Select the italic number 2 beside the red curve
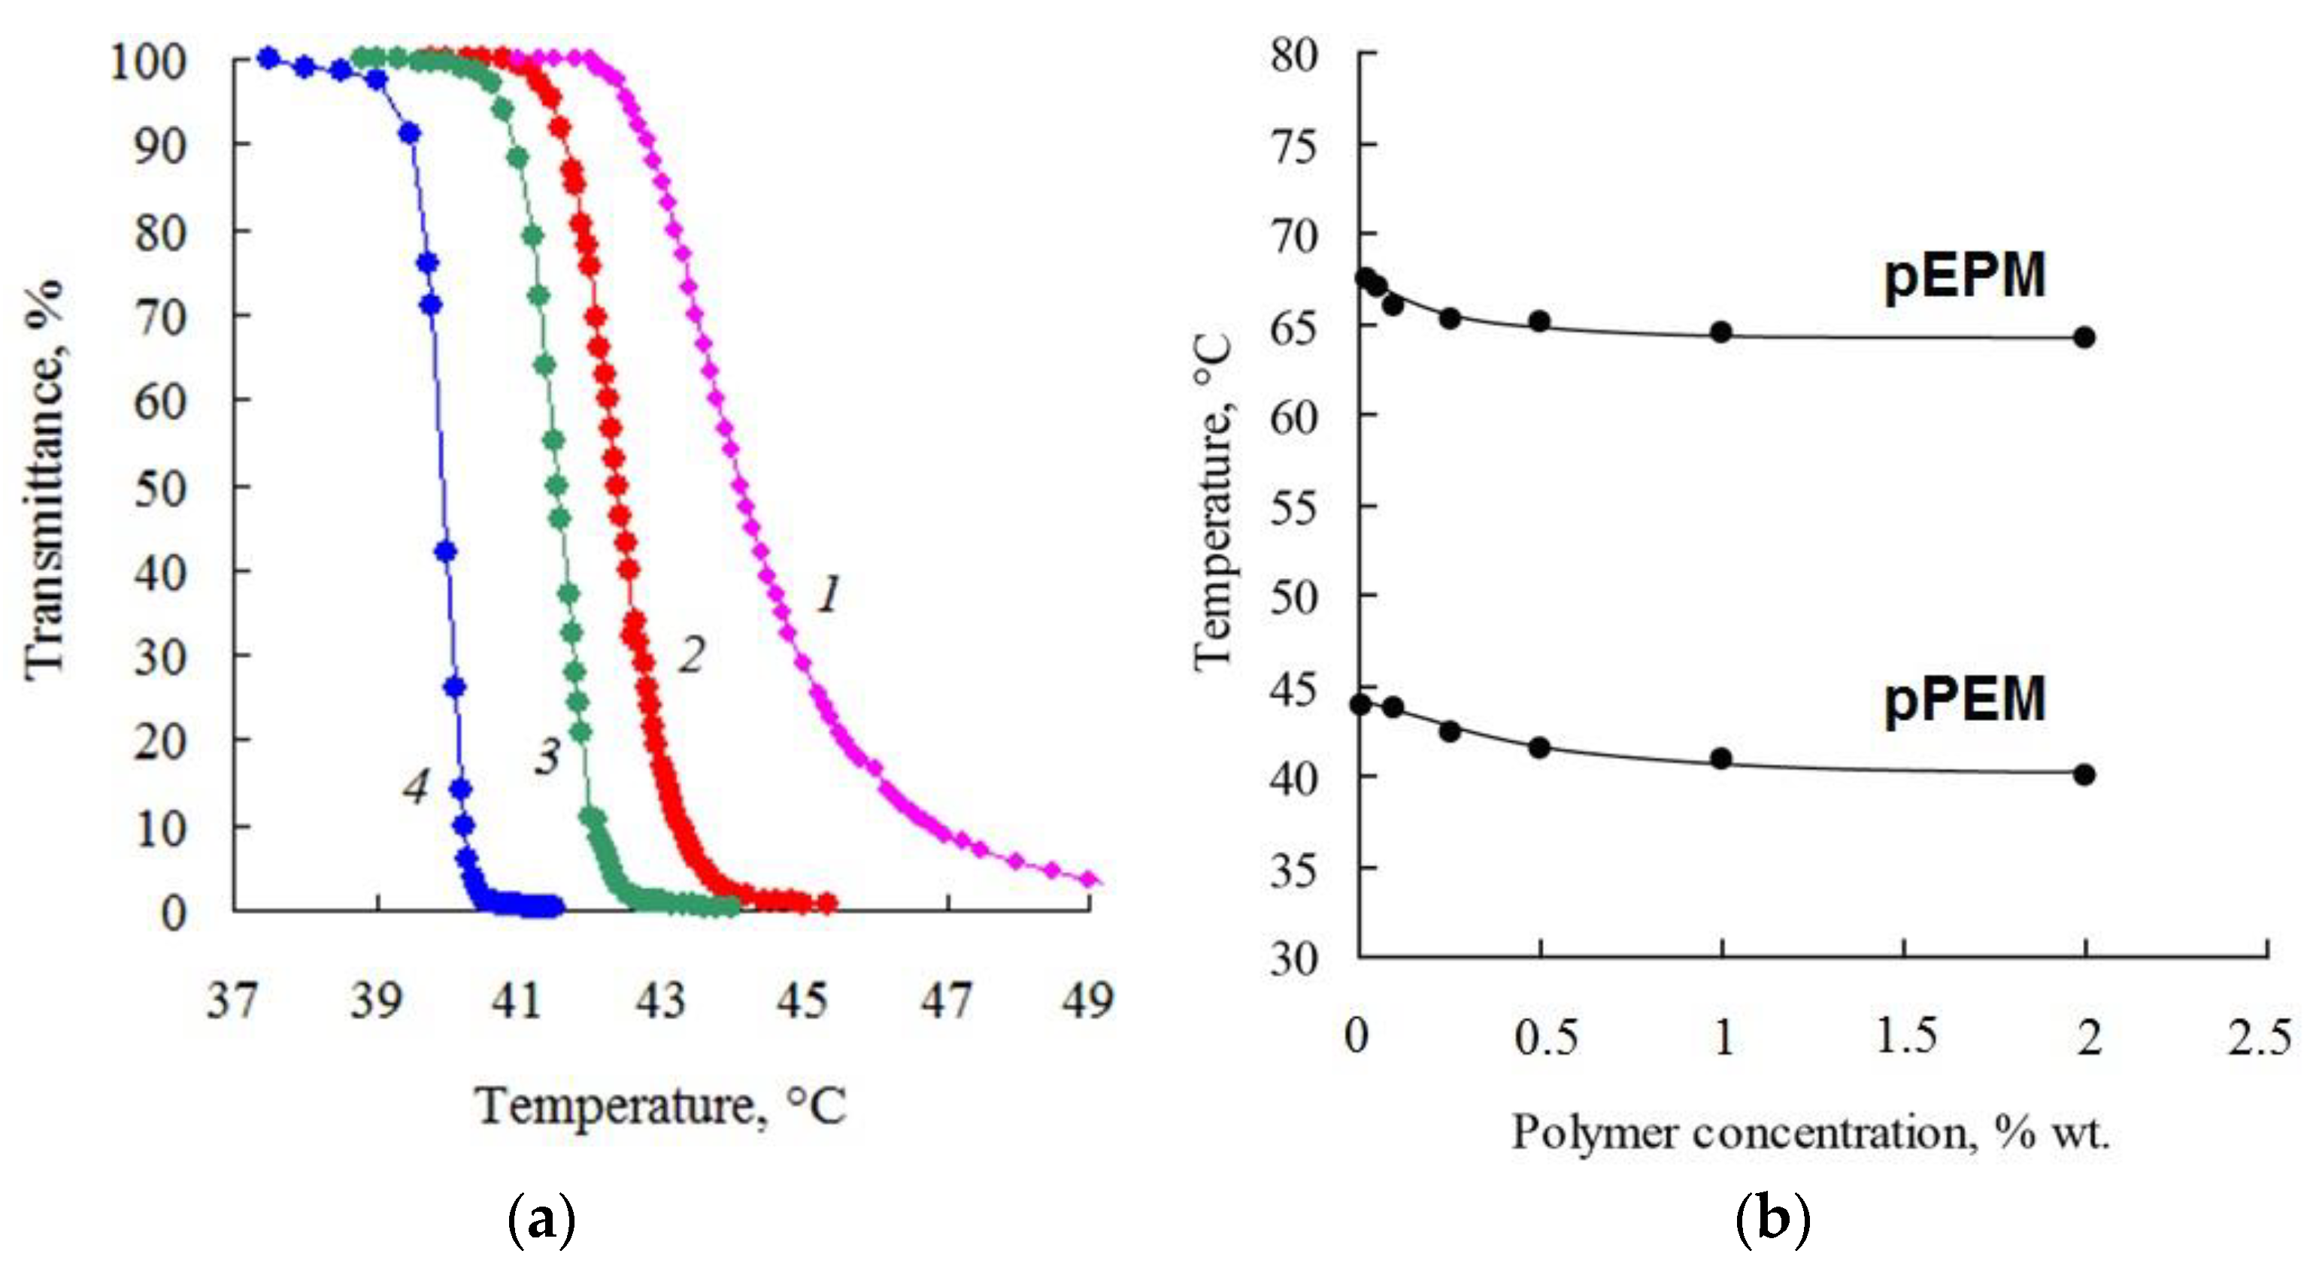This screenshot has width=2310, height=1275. pyautogui.click(x=691, y=656)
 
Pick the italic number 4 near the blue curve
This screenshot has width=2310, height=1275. pyautogui.click(x=415, y=787)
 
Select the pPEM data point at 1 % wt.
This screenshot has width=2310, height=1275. pyautogui.click(x=1720, y=759)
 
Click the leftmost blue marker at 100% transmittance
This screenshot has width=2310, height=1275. pyautogui.click(x=268, y=59)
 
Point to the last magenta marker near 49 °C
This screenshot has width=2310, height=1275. pyautogui.click(x=1089, y=879)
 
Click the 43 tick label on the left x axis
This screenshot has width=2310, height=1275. pyautogui.click(x=661, y=1001)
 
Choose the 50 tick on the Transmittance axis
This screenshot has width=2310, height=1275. pyautogui.click(x=162, y=489)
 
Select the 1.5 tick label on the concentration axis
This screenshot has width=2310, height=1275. pyautogui.click(x=1905, y=1037)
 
